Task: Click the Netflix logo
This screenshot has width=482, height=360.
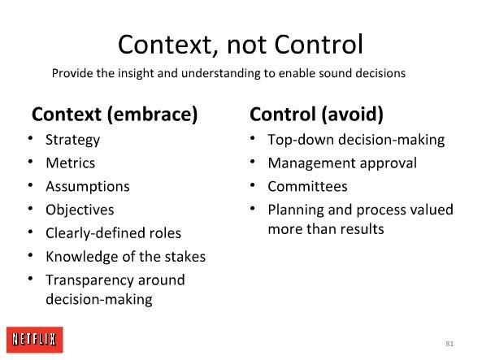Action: (35, 340)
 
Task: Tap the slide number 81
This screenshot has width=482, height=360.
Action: (449, 344)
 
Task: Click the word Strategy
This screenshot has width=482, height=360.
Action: (73, 141)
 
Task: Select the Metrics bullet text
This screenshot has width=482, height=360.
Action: (71, 163)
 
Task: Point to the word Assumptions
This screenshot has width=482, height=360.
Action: (88, 187)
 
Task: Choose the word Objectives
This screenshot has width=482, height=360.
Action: (80, 210)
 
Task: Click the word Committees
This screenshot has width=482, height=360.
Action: (307, 186)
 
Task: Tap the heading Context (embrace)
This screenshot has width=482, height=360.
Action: (115, 115)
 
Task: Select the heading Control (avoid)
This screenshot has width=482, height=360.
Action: (316, 115)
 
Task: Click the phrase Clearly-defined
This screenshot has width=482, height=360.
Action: (95, 233)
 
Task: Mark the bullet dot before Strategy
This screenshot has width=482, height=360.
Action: (30, 137)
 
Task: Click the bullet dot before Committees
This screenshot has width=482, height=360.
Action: (252, 184)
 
